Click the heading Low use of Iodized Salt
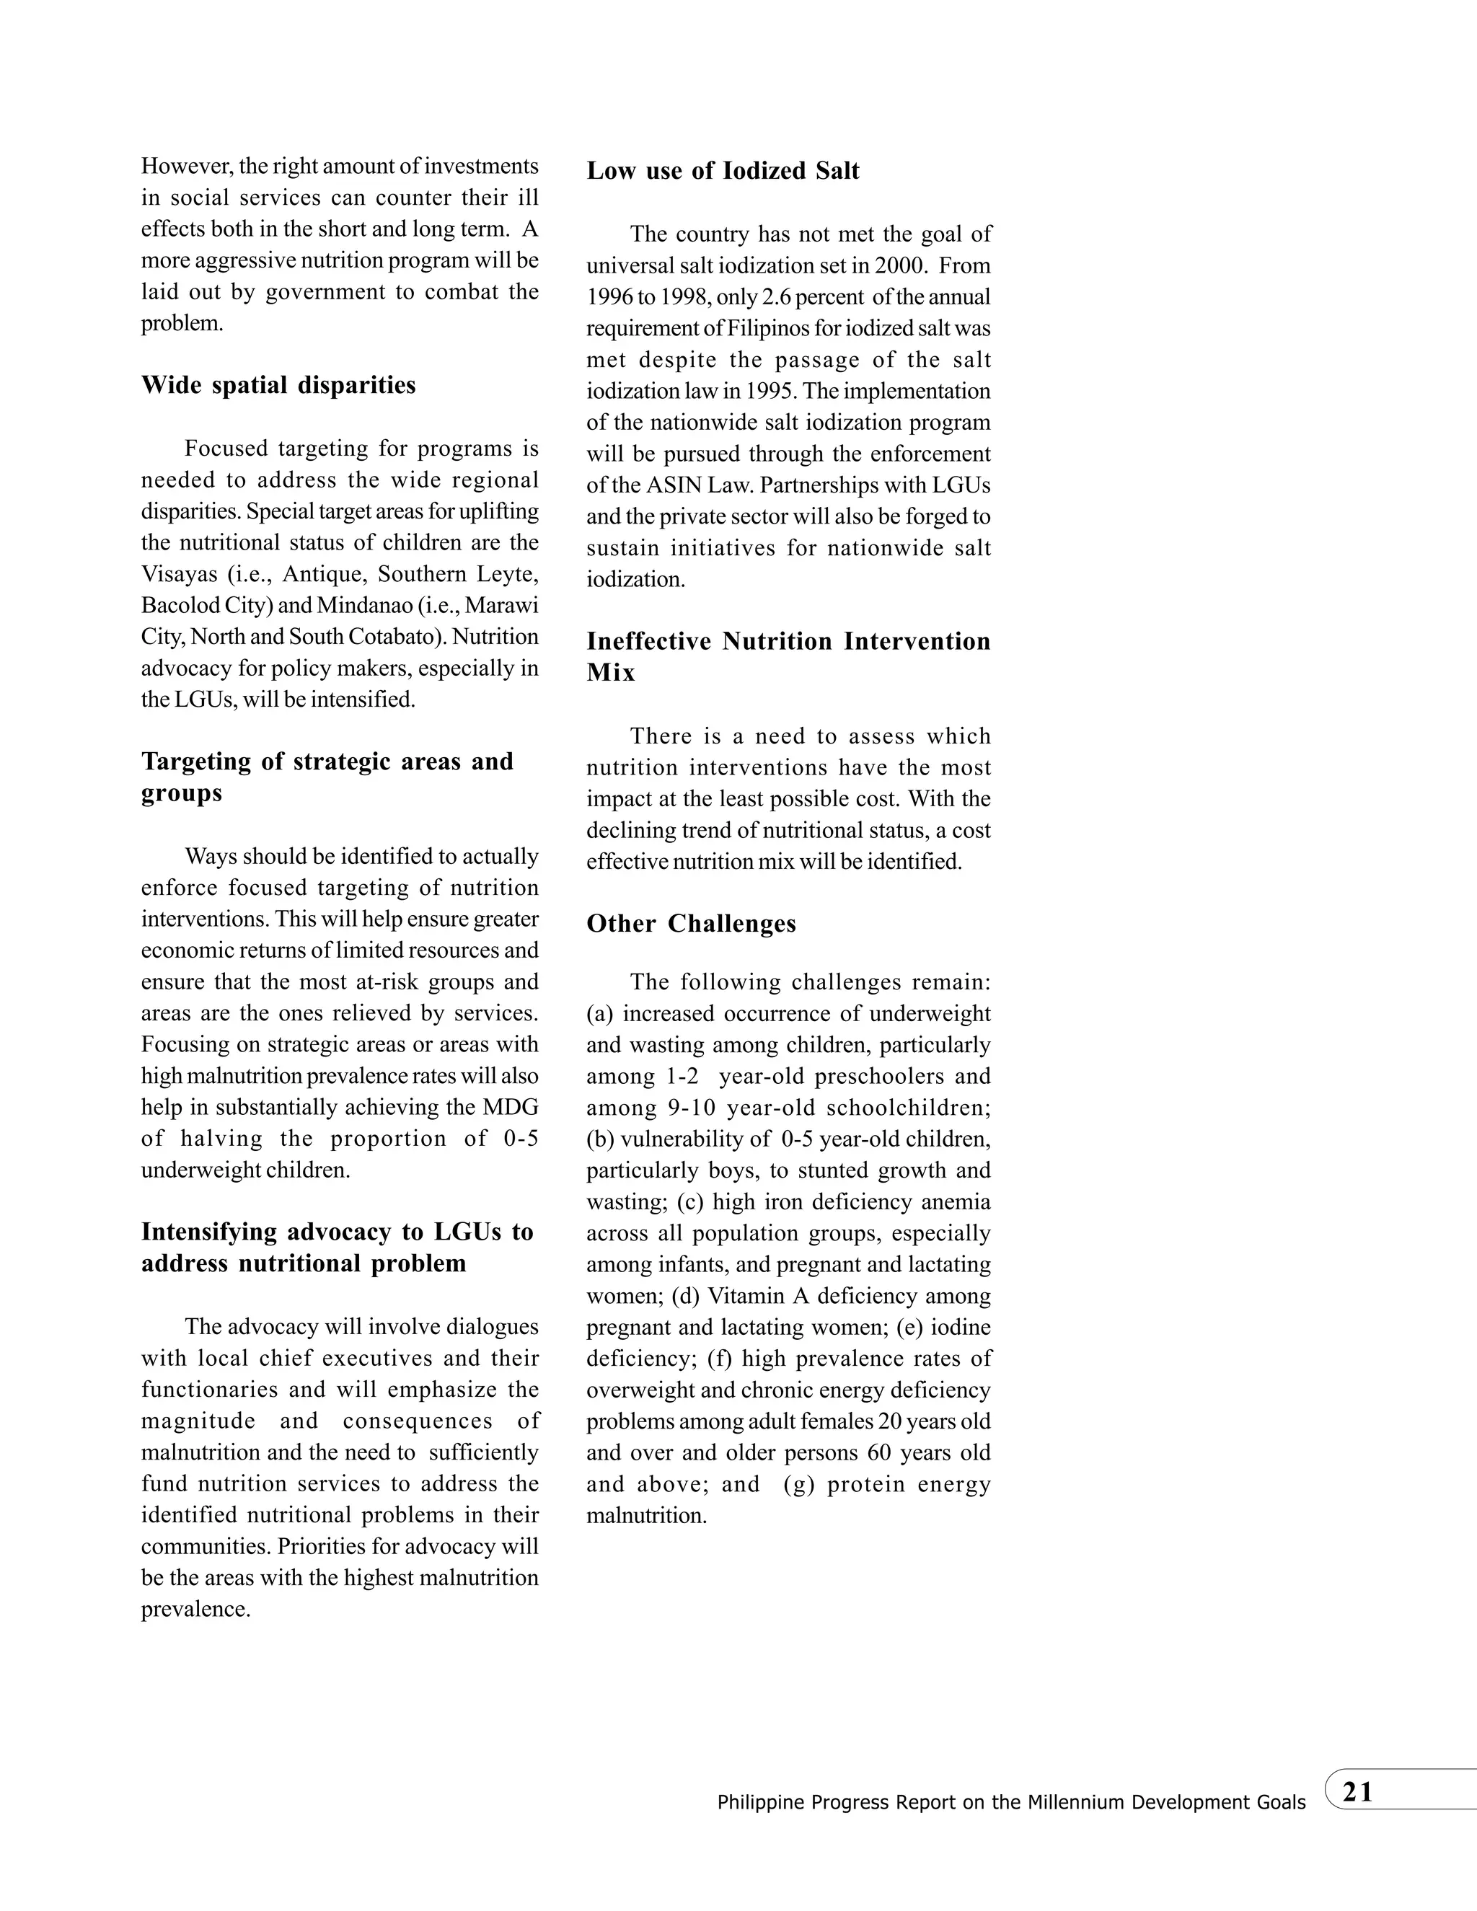point(723,171)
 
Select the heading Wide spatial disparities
point(278,385)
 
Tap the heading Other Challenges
point(691,924)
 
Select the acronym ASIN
point(664,485)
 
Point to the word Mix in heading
point(611,673)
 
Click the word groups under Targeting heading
point(182,794)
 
